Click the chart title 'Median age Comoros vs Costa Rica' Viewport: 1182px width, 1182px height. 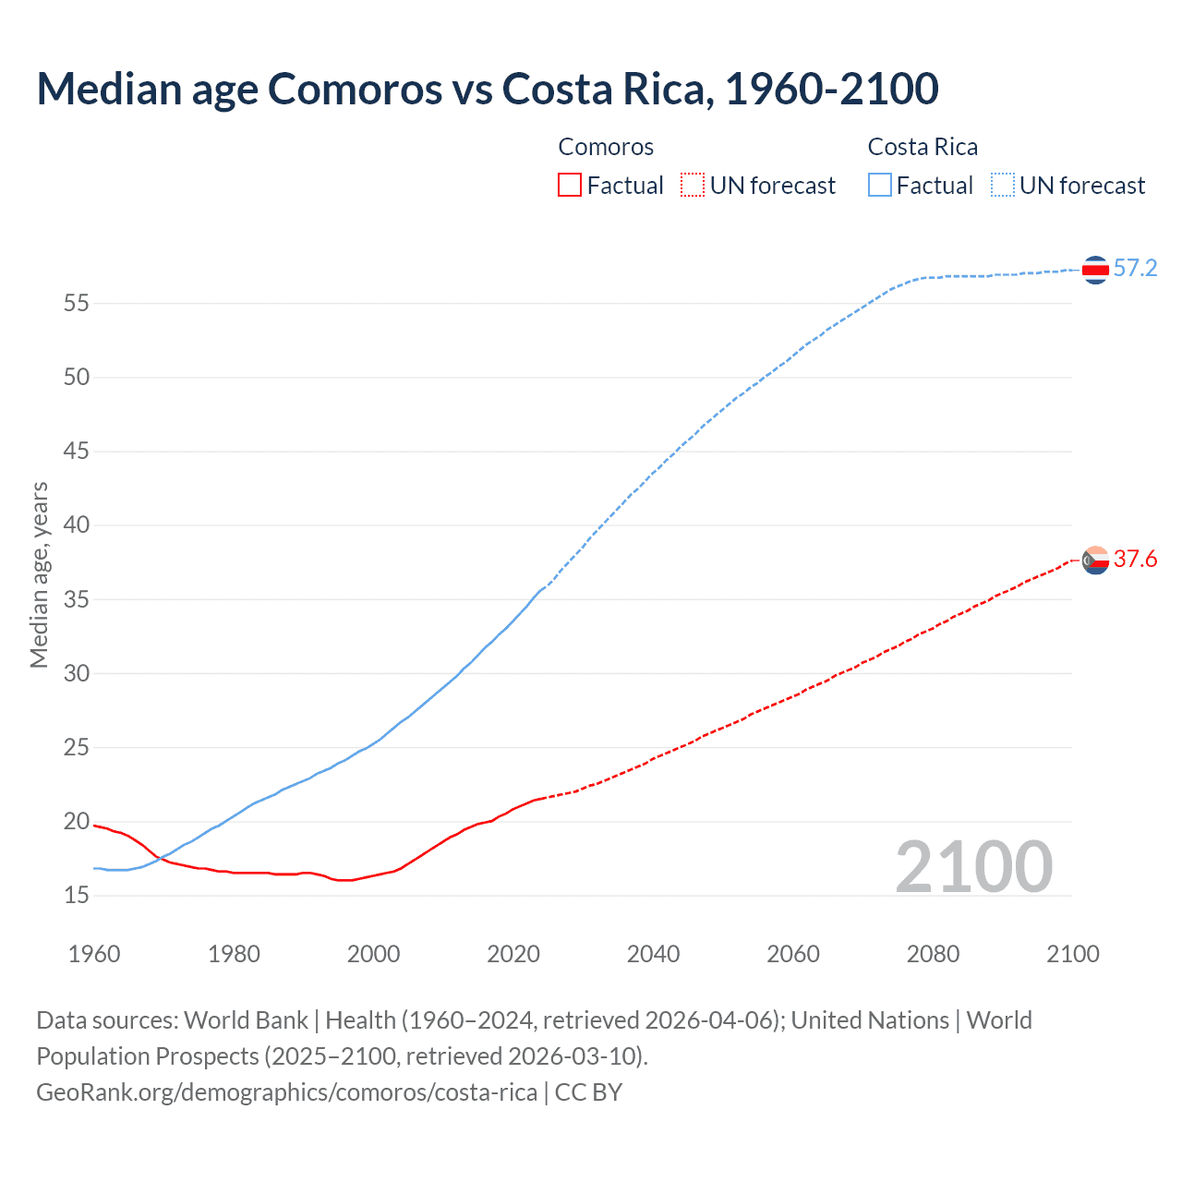coord(487,89)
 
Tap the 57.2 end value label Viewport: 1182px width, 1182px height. coord(1135,269)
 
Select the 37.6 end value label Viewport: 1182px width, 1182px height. coord(1135,560)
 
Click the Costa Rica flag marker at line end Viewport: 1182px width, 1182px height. coord(1095,270)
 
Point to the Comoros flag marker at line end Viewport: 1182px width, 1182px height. coord(1095,560)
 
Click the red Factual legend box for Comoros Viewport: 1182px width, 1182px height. coord(570,186)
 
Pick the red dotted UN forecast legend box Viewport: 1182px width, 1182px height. coord(693,186)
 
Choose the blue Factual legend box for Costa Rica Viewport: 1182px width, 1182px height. coord(880,186)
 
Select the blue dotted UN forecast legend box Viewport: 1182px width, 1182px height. coord(1003,186)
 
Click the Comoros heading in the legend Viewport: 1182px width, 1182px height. coord(606,148)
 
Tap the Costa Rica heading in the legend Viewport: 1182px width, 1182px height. coord(923,148)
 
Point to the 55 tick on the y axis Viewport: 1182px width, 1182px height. coord(77,303)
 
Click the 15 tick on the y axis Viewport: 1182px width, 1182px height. coord(77,895)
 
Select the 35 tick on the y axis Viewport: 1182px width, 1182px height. coord(77,599)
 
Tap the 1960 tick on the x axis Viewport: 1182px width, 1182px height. coord(94,954)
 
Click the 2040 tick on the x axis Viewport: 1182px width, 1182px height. coord(653,954)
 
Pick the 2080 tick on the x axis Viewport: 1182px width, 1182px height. coord(933,954)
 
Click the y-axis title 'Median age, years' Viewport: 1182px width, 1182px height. coord(39,574)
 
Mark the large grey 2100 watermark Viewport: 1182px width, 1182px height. coord(973,866)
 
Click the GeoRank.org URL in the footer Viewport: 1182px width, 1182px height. coord(286,1092)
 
